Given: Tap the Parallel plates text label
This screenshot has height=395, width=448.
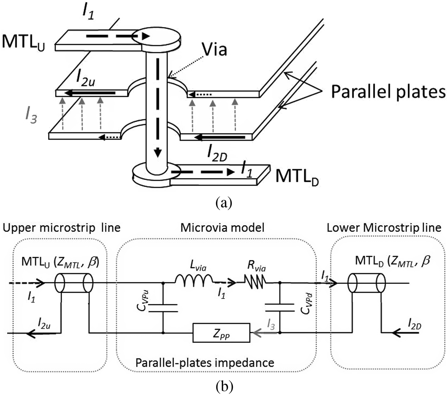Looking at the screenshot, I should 388,92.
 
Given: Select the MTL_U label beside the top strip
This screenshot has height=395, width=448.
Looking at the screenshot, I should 23,42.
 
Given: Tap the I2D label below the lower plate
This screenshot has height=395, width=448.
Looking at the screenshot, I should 217,156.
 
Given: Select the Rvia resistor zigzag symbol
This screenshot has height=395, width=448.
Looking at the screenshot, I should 255,281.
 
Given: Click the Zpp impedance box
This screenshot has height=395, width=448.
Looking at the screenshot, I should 221,333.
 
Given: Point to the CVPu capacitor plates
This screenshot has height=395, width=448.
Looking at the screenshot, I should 164,308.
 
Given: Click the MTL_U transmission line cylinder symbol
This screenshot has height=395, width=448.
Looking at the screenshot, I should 74,283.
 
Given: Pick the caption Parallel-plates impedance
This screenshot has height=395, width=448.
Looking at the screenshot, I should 205,363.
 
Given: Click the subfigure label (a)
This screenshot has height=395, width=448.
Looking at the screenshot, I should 224,203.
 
